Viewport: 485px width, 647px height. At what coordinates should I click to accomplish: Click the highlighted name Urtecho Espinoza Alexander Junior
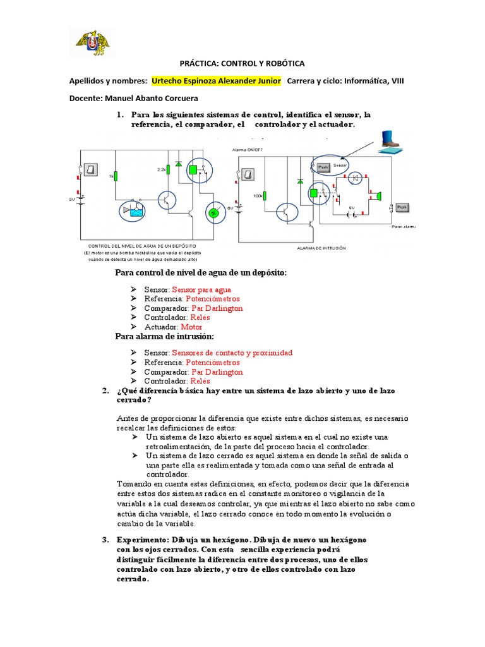(x=217, y=82)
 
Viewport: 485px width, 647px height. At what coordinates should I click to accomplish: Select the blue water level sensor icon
(x=134, y=210)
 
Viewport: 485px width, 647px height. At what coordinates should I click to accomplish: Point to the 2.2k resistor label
(x=162, y=171)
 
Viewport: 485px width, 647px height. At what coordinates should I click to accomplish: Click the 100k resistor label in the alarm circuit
(x=258, y=196)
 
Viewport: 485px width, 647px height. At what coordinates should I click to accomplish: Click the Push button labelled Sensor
(x=322, y=167)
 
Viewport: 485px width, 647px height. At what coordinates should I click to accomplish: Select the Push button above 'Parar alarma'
(x=402, y=207)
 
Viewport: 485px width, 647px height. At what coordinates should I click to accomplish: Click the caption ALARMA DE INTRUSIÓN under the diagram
(x=322, y=248)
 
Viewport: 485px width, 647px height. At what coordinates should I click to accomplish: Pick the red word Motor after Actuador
(x=191, y=327)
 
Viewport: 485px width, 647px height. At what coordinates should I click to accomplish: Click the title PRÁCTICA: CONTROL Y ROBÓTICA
(x=242, y=64)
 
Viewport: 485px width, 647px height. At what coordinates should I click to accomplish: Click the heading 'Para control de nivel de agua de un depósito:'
(x=200, y=272)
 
